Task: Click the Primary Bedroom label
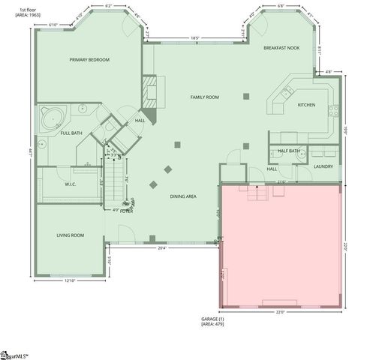click(89, 60)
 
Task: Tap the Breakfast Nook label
click(282, 48)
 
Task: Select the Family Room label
click(204, 97)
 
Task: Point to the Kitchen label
click(306, 105)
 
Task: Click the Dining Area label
click(183, 196)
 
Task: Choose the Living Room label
click(70, 235)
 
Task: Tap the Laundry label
click(323, 166)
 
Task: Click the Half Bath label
click(288, 151)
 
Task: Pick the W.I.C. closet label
click(71, 184)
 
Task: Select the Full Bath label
click(71, 133)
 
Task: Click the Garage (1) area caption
click(212, 322)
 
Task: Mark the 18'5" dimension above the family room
click(195, 38)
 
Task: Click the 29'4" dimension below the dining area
click(162, 248)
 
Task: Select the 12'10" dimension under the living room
click(71, 281)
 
